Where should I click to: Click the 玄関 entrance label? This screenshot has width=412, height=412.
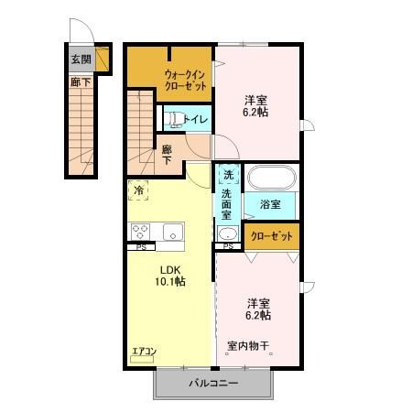[x=81, y=60]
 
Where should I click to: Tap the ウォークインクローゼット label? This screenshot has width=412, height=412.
[x=184, y=80]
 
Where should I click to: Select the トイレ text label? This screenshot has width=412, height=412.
[x=196, y=119]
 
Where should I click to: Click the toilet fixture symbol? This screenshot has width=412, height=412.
[x=172, y=118]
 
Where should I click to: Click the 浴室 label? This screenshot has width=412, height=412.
[x=268, y=204]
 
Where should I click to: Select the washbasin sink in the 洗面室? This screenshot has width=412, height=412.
[x=227, y=231]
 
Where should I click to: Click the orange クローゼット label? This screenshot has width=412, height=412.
[x=272, y=236]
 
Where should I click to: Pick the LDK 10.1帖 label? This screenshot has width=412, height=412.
[x=172, y=276]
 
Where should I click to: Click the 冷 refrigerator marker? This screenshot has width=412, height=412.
[x=138, y=190]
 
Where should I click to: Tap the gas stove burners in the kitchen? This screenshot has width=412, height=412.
[x=141, y=232]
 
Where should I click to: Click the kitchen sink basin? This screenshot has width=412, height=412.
[x=173, y=232]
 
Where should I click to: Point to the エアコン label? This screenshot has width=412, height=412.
[x=145, y=351]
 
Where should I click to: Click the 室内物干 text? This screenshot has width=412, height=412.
[x=247, y=345]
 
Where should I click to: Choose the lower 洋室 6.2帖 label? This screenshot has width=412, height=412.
[x=257, y=309]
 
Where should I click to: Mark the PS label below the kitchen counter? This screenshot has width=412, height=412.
[x=141, y=247]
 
